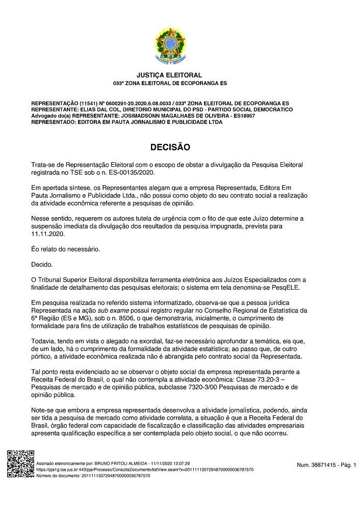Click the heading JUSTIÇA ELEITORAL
point(170,75)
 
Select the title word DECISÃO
point(170,147)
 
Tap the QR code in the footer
point(20,464)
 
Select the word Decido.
point(42,264)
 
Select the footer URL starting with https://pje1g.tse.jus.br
point(144,469)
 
